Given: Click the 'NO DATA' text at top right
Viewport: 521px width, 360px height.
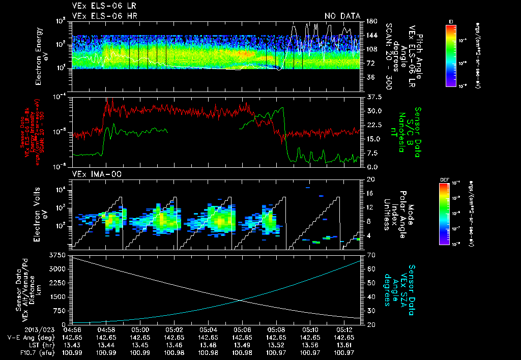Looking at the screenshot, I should coord(342,16).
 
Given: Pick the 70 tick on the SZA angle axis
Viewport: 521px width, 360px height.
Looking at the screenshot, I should coord(367,254).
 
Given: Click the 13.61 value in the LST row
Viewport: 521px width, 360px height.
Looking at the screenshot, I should coord(344,344).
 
